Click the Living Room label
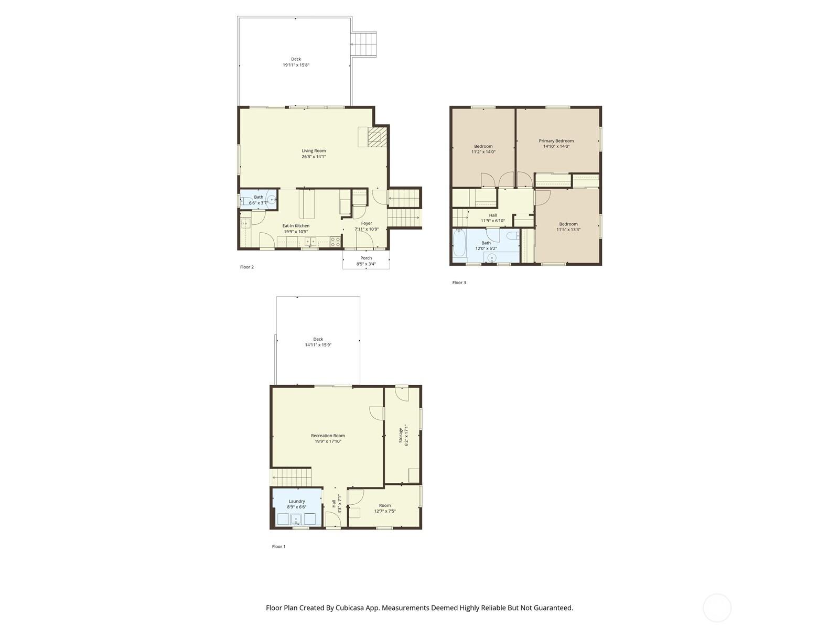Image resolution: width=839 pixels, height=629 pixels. click(x=314, y=151)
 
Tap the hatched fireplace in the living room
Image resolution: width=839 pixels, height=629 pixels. click(x=377, y=137)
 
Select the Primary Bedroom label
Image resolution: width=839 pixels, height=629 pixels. click(x=556, y=141)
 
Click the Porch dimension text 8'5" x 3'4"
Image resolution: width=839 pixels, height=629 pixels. click(x=366, y=264)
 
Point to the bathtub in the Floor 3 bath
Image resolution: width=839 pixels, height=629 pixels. click(x=459, y=243)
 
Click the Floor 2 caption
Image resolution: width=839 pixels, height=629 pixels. click(x=246, y=267)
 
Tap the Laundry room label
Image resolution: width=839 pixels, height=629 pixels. click(x=297, y=501)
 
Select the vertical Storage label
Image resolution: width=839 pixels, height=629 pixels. click(x=401, y=435)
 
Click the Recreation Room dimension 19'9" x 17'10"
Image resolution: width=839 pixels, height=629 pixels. click(x=328, y=441)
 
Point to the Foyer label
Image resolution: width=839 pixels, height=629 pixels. click(x=367, y=223)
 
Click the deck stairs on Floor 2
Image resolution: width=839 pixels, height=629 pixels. click(x=363, y=45)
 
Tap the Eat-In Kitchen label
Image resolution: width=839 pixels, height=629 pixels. click(x=296, y=226)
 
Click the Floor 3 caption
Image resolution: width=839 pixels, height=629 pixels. click(x=459, y=283)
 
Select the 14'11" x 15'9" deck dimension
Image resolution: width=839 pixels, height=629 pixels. click(x=318, y=345)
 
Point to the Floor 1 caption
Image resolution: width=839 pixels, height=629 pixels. click(x=278, y=547)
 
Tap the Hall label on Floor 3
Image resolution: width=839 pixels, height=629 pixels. click(x=493, y=215)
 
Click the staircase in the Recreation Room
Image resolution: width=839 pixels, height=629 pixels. click(x=291, y=478)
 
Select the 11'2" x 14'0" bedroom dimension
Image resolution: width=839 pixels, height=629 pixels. click(x=483, y=151)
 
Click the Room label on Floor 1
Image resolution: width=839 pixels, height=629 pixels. click(x=385, y=505)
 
